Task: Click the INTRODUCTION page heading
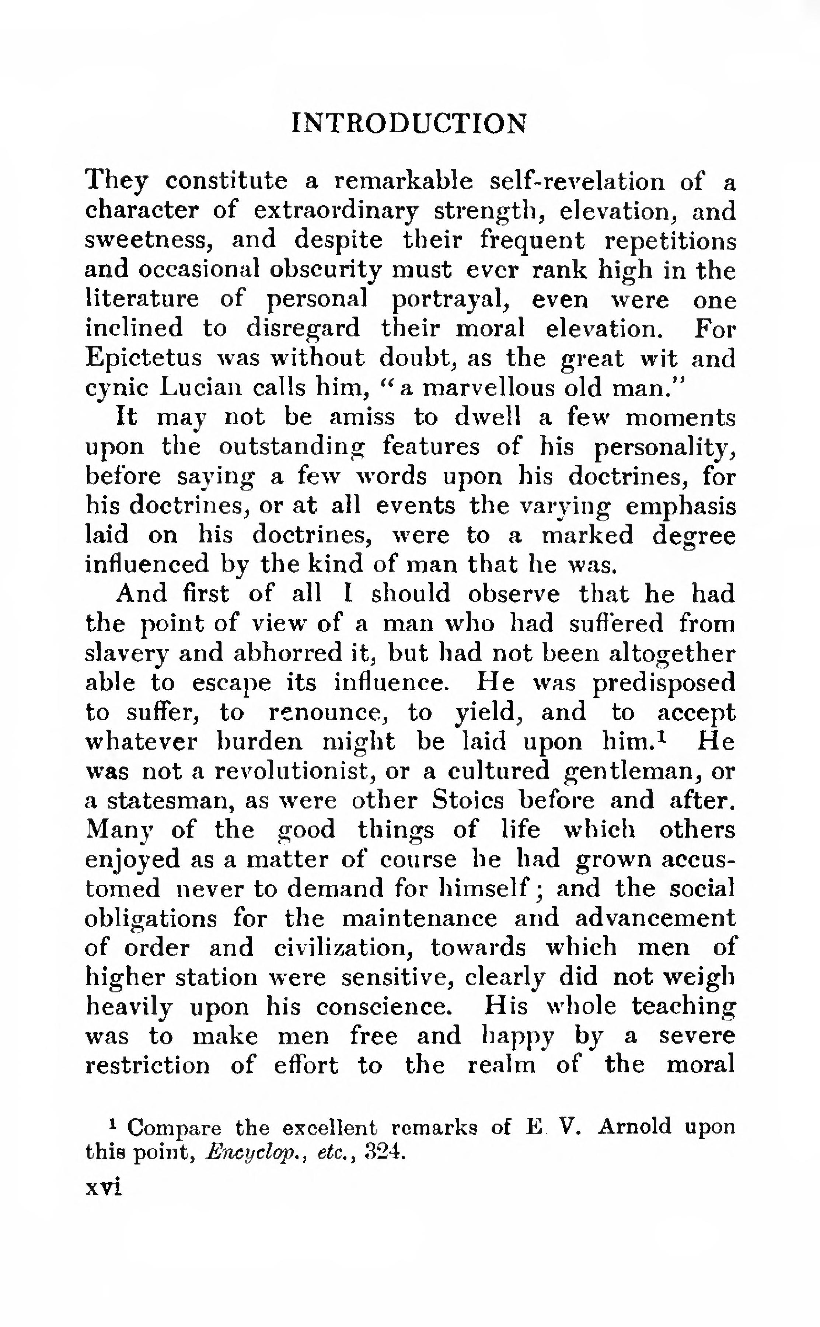tap(409, 124)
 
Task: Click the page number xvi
tap(104, 1188)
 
